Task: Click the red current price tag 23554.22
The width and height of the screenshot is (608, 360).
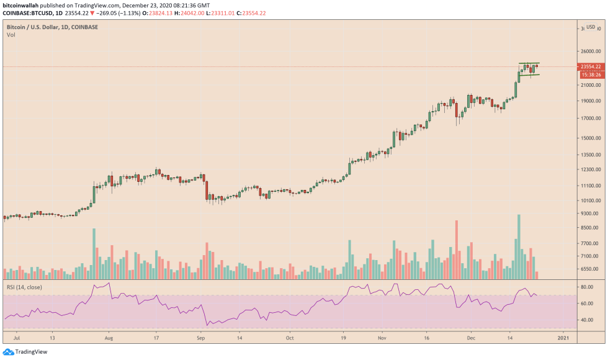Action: click(590, 66)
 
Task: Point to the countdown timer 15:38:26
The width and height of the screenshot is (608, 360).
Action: click(590, 74)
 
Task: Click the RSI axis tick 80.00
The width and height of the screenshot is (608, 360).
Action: click(587, 287)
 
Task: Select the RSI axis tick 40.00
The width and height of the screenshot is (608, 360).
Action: click(587, 320)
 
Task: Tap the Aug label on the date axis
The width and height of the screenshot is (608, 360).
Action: click(109, 340)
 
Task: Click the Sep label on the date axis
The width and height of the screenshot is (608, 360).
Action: click(201, 340)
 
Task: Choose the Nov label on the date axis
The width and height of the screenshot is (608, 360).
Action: click(382, 340)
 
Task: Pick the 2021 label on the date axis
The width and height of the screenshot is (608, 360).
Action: click(563, 340)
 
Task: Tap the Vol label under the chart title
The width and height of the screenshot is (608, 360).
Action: click(11, 35)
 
